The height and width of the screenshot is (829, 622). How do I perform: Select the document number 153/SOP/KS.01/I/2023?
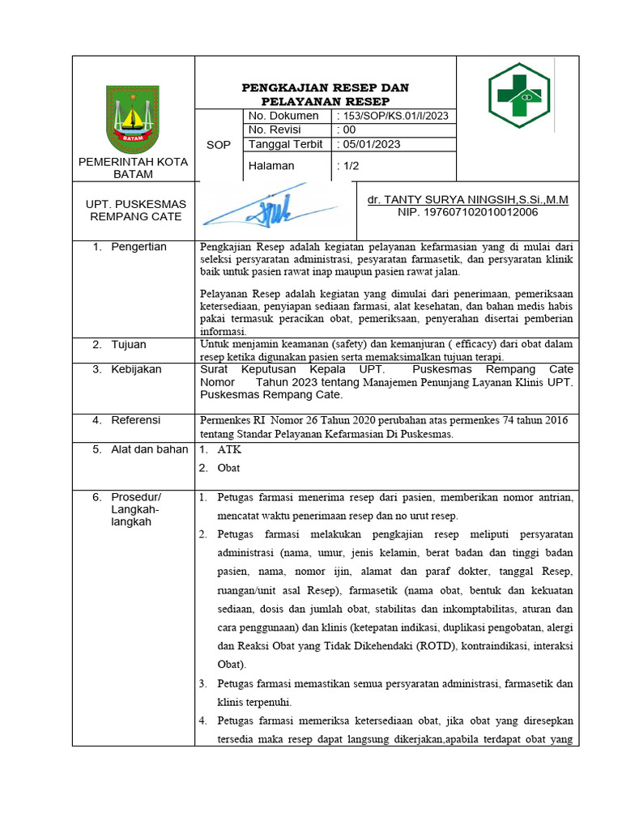point(393,116)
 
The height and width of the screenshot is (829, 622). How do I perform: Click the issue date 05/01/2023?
point(367,144)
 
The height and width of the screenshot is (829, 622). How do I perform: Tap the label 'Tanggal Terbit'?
point(285,144)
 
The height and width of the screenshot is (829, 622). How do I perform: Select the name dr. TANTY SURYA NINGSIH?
point(467,199)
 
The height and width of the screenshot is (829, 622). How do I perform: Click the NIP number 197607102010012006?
point(467,212)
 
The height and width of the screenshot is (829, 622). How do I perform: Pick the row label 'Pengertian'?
point(138,247)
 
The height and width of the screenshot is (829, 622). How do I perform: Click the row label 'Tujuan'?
point(129,345)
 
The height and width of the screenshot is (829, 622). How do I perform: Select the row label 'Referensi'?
point(136,420)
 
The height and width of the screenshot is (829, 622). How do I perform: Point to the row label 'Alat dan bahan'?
point(149,449)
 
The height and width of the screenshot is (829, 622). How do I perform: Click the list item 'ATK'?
point(229,449)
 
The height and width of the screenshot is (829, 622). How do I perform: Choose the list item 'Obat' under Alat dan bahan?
point(229,468)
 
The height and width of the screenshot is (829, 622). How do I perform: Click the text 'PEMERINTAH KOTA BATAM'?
point(133,168)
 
